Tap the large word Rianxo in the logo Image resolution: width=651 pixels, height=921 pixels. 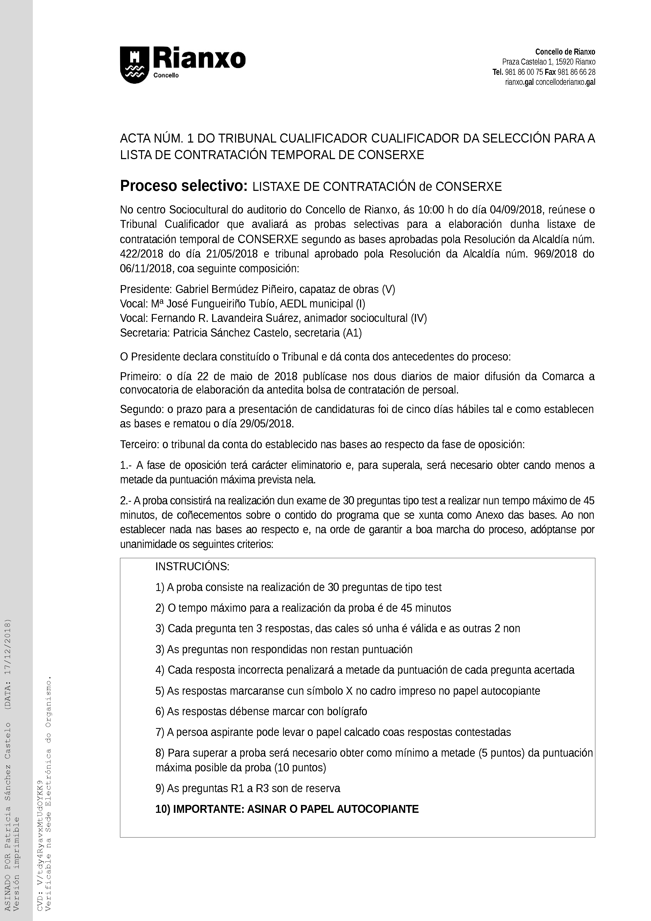pos(199,59)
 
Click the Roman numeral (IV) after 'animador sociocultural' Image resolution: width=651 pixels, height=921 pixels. pos(419,318)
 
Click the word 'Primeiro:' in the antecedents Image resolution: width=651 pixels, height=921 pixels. pos(140,376)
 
